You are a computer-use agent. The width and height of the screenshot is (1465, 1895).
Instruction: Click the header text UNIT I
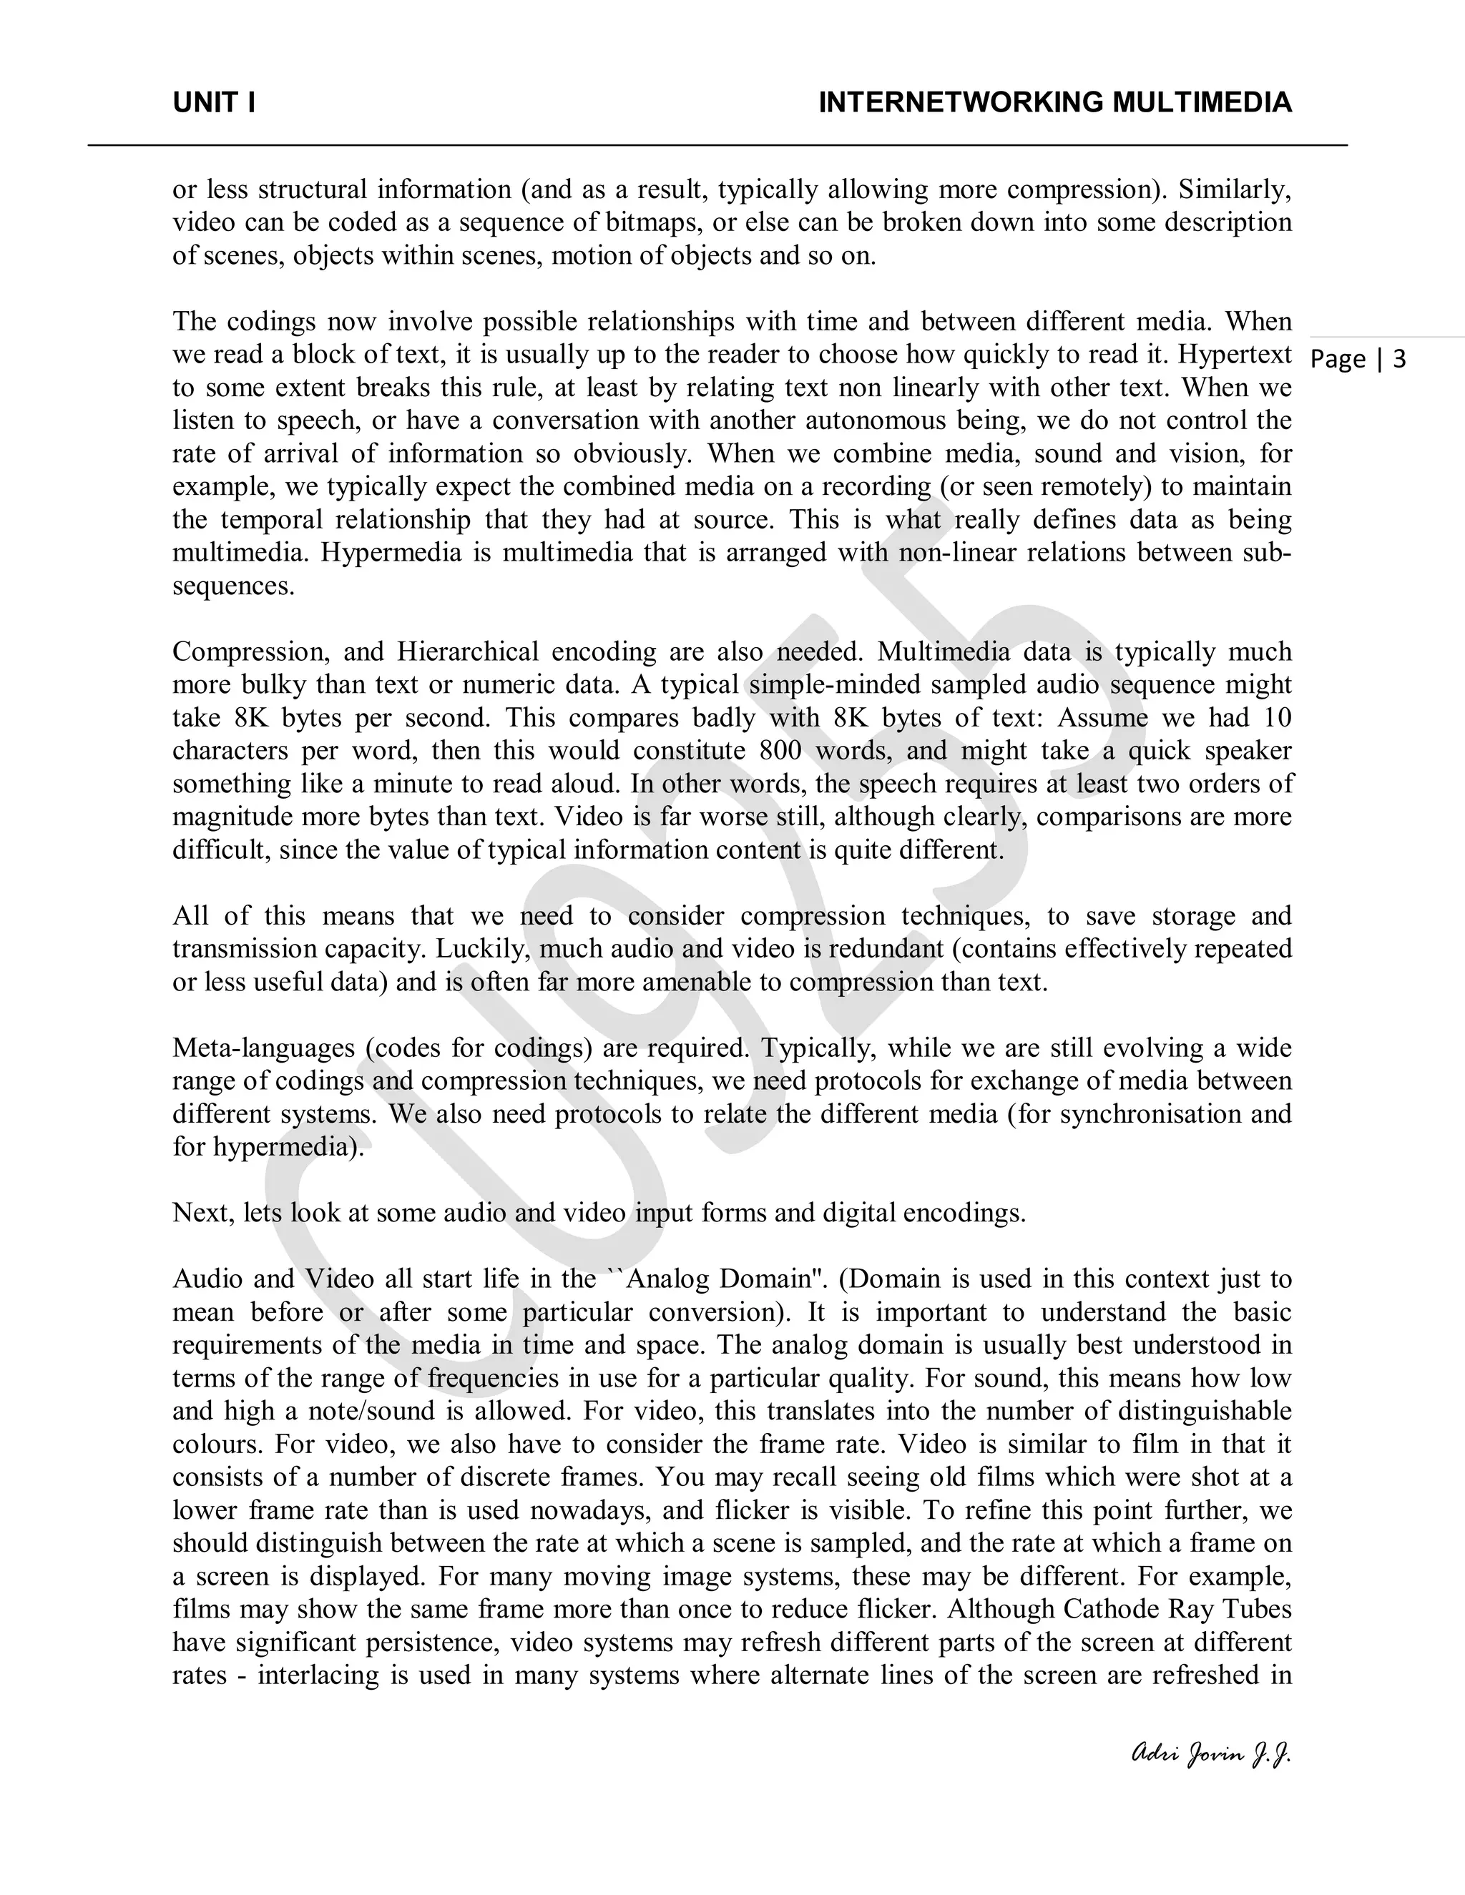213,103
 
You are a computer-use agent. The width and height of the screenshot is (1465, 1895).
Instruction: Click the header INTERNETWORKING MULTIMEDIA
1054,103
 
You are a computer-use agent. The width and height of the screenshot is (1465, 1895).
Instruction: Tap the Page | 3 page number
1358,359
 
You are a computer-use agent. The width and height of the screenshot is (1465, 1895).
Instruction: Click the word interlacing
318,1675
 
